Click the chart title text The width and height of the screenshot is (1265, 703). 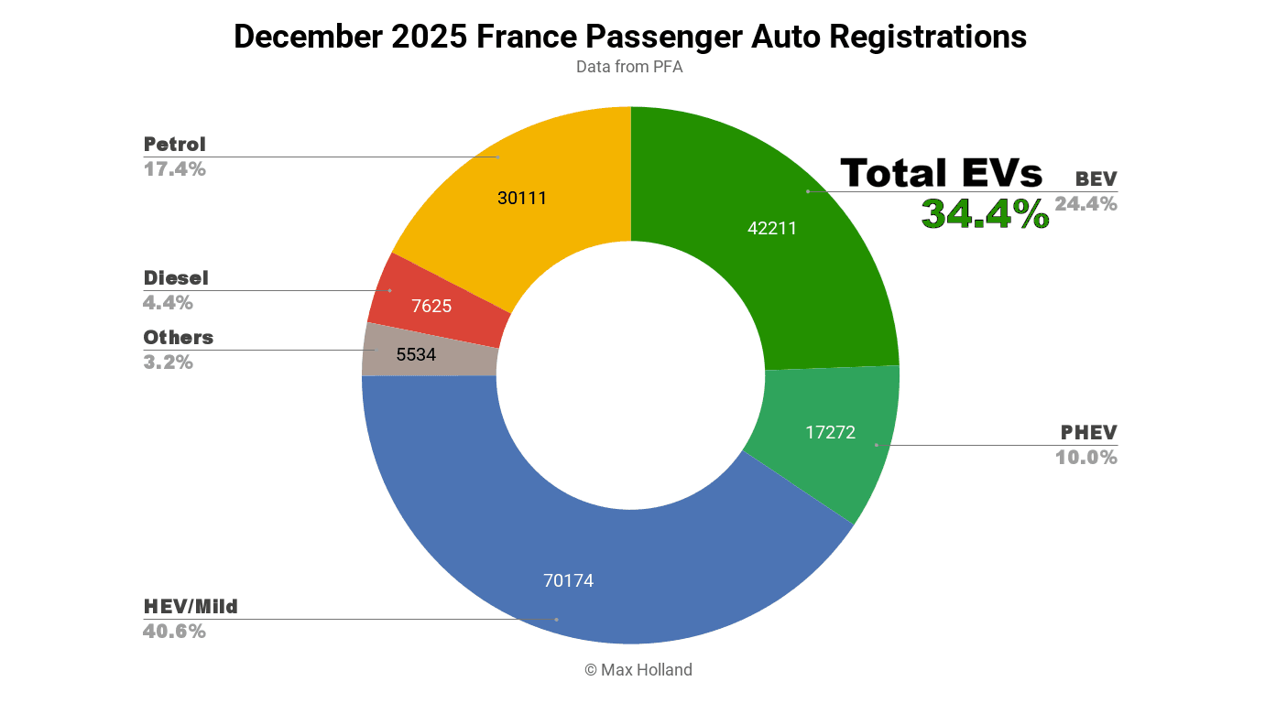(630, 37)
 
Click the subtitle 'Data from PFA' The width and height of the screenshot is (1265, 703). (629, 67)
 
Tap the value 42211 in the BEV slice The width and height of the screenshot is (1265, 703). (772, 229)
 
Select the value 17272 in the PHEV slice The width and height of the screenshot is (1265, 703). (831, 432)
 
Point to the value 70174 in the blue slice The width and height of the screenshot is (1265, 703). (568, 580)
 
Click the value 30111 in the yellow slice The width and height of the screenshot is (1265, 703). (522, 198)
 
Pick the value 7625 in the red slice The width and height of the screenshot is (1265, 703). (431, 306)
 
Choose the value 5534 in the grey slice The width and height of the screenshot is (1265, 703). (416, 354)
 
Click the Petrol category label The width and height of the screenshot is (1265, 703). (175, 145)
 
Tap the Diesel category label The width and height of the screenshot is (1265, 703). (176, 278)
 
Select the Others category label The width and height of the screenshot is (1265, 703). (179, 338)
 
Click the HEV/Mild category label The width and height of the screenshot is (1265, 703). (191, 607)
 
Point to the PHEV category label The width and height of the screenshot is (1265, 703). (1089, 433)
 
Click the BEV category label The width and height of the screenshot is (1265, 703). (1096, 178)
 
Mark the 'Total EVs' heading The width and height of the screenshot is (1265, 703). (942, 173)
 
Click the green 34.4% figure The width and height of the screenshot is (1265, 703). (985, 214)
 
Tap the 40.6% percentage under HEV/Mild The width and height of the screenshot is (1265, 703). (174, 632)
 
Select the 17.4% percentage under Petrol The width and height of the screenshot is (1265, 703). (174, 169)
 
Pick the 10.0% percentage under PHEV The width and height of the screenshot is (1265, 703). (1086, 458)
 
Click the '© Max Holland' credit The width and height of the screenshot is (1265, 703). (638, 670)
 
